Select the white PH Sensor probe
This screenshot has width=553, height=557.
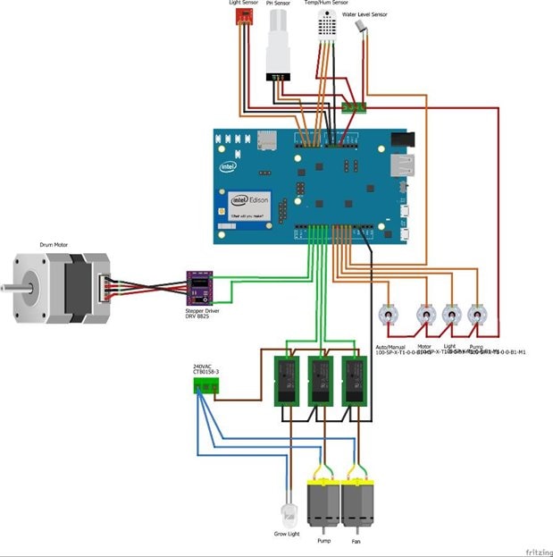click(x=281, y=46)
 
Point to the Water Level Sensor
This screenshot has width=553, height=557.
click(x=362, y=27)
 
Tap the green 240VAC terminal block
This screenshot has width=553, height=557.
click(x=206, y=384)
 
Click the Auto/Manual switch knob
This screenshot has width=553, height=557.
click(x=389, y=315)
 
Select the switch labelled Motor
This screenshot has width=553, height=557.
click(x=425, y=315)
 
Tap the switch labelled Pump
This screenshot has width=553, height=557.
click(x=477, y=315)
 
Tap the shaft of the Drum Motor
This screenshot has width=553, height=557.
click(x=8, y=288)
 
